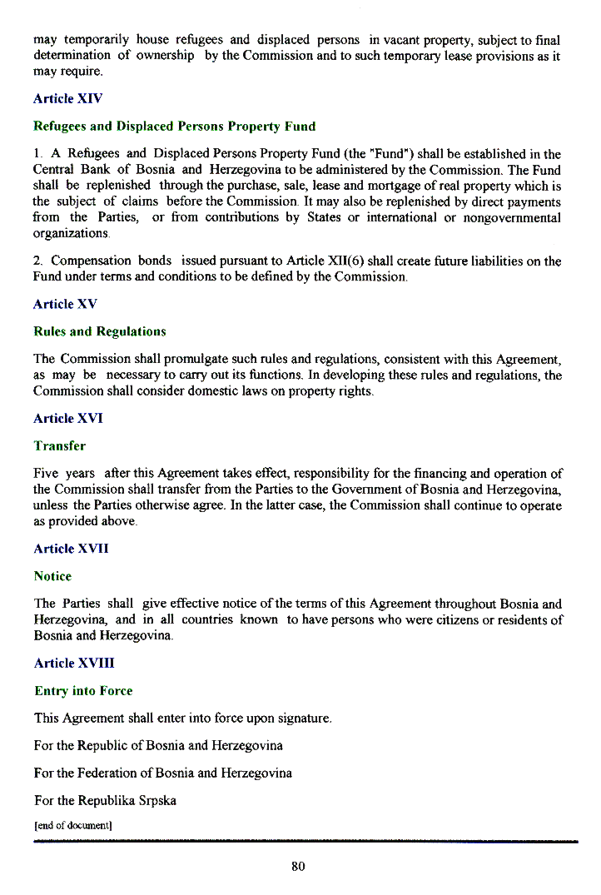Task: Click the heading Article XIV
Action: [x=67, y=98]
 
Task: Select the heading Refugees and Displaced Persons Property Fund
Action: [x=174, y=127]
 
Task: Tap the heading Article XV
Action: [x=65, y=304]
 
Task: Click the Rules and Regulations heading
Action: [x=99, y=331]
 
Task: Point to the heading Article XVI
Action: [x=67, y=418]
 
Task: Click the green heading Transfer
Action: [x=59, y=446]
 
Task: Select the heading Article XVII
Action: [x=71, y=549]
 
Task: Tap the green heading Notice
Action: [x=52, y=576]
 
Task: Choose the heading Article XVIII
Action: [x=74, y=663]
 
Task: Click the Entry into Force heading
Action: [x=83, y=691]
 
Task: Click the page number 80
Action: [x=299, y=867]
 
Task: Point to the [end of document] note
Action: [x=72, y=826]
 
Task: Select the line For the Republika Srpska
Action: [x=105, y=801]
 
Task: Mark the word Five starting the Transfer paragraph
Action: [x=46, y=474]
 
